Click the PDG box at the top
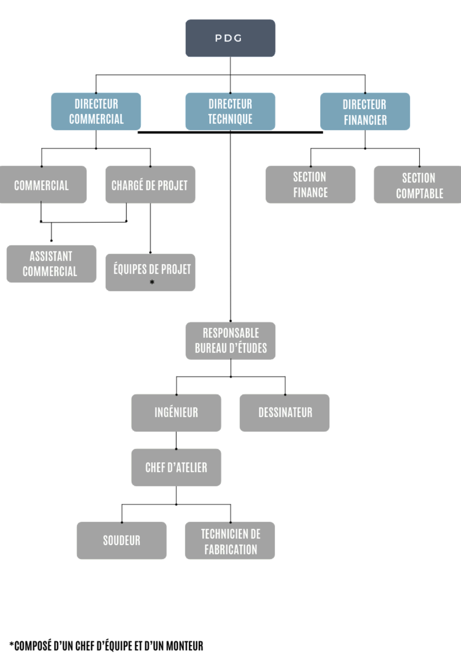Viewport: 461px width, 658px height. [x=230, y=38]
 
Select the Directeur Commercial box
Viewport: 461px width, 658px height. [x=96, y=112]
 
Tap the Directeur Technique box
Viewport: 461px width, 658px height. [x=230, y=112]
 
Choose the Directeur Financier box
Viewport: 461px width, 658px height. [x=365, y=112]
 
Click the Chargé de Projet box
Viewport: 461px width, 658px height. [x=150, y=185]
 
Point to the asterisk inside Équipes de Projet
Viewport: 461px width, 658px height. [x=152, y=282]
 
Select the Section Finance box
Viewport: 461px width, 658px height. [x=311, y=185]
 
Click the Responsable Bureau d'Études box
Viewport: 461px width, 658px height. [x=230, y=341]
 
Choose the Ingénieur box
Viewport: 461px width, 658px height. [x=176, y=413]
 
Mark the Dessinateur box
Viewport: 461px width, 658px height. [x=285, y=413]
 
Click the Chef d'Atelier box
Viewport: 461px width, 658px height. [x=176, y=468]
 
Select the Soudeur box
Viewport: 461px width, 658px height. [x=122, y=541]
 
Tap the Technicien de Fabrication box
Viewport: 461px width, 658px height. [x=230, y=541]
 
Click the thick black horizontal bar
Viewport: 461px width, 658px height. [x=187, y=132]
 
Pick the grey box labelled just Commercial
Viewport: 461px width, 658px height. [x=42, y=185]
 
